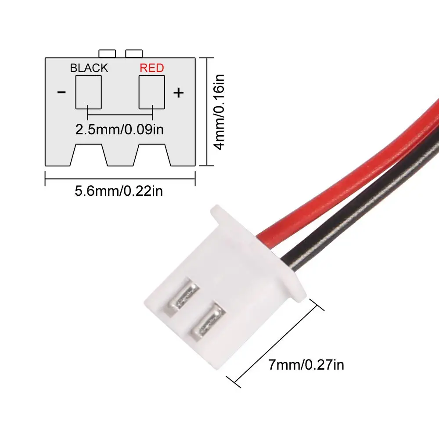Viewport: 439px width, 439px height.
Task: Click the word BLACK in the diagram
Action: pyautogui.click(x=89, y=68)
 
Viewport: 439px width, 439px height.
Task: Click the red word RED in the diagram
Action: pyautogui.click(x=151, y=68)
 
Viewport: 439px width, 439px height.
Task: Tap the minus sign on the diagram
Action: pyautogui.click(x=61, y=92)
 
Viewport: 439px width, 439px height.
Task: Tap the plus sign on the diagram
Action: pyautogui.click(x=178, y=93)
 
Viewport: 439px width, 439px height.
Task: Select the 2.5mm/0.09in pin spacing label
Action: pyautogui.click(x=120, y=130)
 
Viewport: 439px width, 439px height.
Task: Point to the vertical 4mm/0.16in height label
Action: pyautogui.click(x=219, y=112)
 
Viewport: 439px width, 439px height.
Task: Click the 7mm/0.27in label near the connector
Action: pyautogui.click(x=306, y=365)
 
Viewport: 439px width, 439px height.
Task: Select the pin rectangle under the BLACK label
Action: pyautogui.click(x=89, y=91)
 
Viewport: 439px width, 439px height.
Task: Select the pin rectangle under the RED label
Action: pyautogui.click(x=152, y=91)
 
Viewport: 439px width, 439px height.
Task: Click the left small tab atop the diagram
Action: pyautogui.click(x=107, y=54)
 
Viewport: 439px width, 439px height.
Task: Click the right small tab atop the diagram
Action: pyautogui.click(x=134, y=54)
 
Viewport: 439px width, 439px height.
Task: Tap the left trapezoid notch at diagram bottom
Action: pyautogui.click(x=89, y=156)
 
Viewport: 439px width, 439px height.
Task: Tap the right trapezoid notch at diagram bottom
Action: pyautogui.click(x=152, y=156)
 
